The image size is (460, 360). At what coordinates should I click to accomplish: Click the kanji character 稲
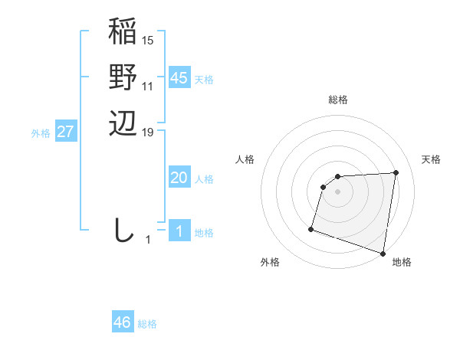click(x=123, y=33)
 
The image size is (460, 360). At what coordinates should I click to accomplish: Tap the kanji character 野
click(x=123, y=77)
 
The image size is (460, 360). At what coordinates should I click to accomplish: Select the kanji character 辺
click(x=123, y=123)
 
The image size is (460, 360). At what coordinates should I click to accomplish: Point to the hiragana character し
click(x=123, y=229)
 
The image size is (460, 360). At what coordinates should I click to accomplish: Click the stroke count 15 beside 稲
click(x=148, y=40)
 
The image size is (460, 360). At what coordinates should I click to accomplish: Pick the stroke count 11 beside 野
click(x=148, y=86)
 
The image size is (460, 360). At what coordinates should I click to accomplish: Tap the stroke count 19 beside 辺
click(x=148, y=132)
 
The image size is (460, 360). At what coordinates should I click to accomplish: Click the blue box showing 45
click(x=179, y=78)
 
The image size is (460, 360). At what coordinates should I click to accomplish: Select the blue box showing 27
click(x=66, y=132)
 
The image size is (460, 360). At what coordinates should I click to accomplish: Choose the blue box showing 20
click(x=179, y=178)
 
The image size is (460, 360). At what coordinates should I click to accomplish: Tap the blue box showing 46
click(x=123, y=322)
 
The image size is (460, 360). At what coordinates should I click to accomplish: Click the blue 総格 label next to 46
click(x=147, y=324)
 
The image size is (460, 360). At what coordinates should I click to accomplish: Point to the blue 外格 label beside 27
click(x=41, y=133)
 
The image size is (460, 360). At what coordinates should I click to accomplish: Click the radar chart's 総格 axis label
click(x=337, y=100)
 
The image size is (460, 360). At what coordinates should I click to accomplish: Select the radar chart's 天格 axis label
click(x=431, y=159)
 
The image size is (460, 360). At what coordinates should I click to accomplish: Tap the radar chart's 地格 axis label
click(x=402, y=262)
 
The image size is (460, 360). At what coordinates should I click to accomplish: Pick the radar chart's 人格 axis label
click(x=245, y=159)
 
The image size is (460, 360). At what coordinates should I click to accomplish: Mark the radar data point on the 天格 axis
click(x=396, y=172)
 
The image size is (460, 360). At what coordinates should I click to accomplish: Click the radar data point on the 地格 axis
click(x=383, y=254)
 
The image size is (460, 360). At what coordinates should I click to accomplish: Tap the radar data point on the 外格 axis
click(x=311, y=228)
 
